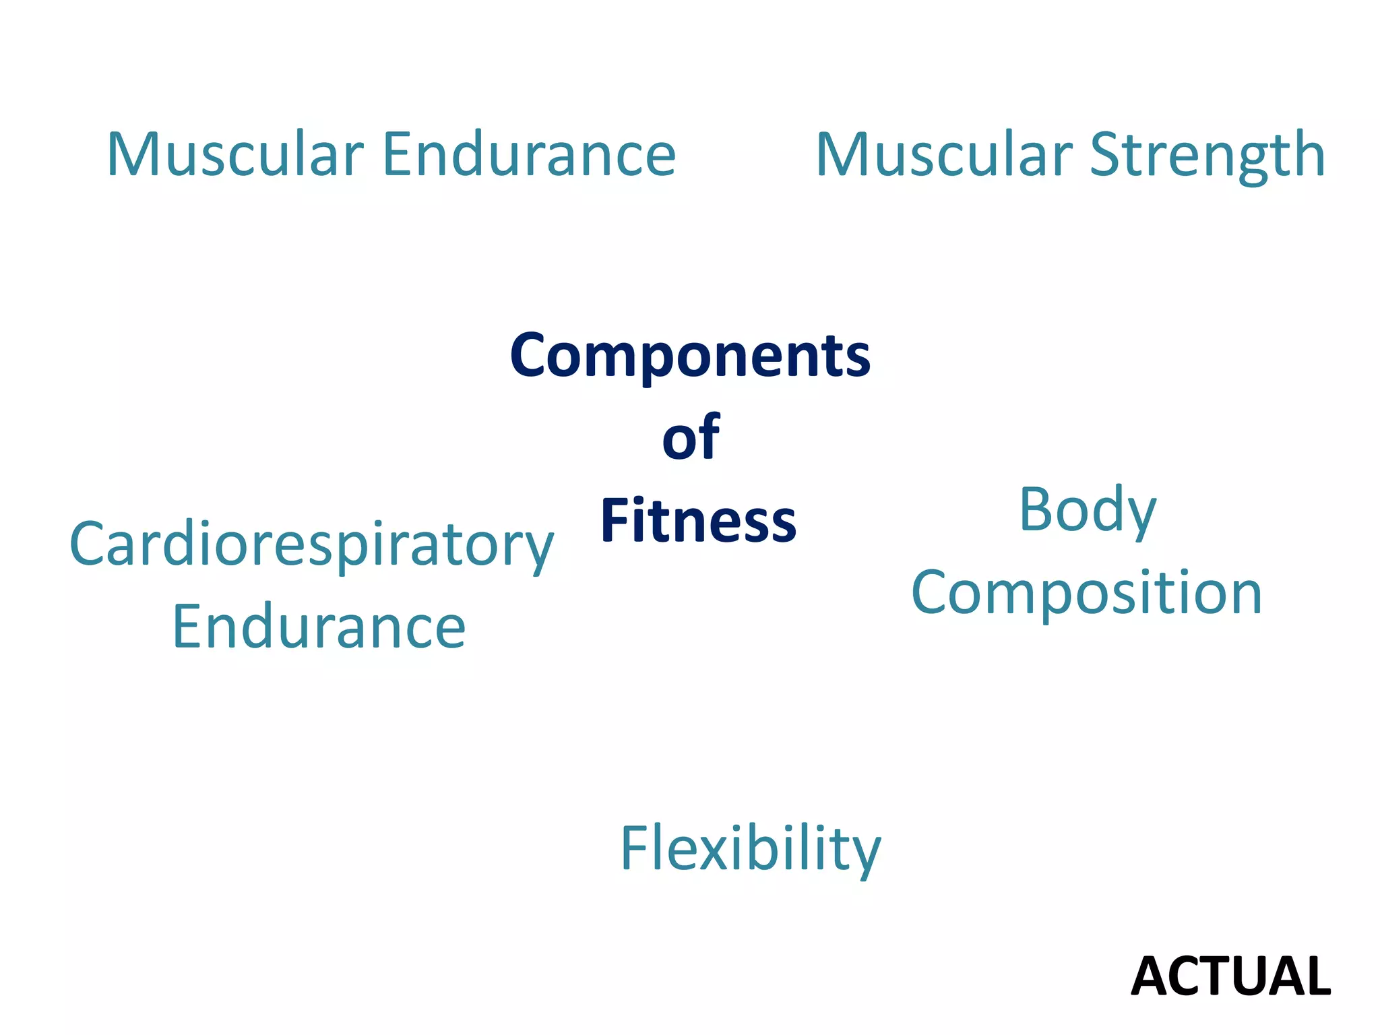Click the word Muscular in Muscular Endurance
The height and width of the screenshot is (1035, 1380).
click(235, 154)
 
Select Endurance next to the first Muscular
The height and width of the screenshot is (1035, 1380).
click(529, 154)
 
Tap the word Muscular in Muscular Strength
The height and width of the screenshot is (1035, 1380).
click(944, 154)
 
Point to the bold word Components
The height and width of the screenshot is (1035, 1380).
click(690, 356)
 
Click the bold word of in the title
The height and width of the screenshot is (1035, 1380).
click(691, 438)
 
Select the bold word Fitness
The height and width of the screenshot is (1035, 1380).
click(698, 520)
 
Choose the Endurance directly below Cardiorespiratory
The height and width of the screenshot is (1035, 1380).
click(319, 627)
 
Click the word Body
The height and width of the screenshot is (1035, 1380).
click(1088, 511)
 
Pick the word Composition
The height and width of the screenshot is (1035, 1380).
click(1086, 593)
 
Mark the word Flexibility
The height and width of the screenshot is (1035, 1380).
click(750, 849)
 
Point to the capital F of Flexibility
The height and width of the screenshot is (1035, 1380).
click(634, 847)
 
